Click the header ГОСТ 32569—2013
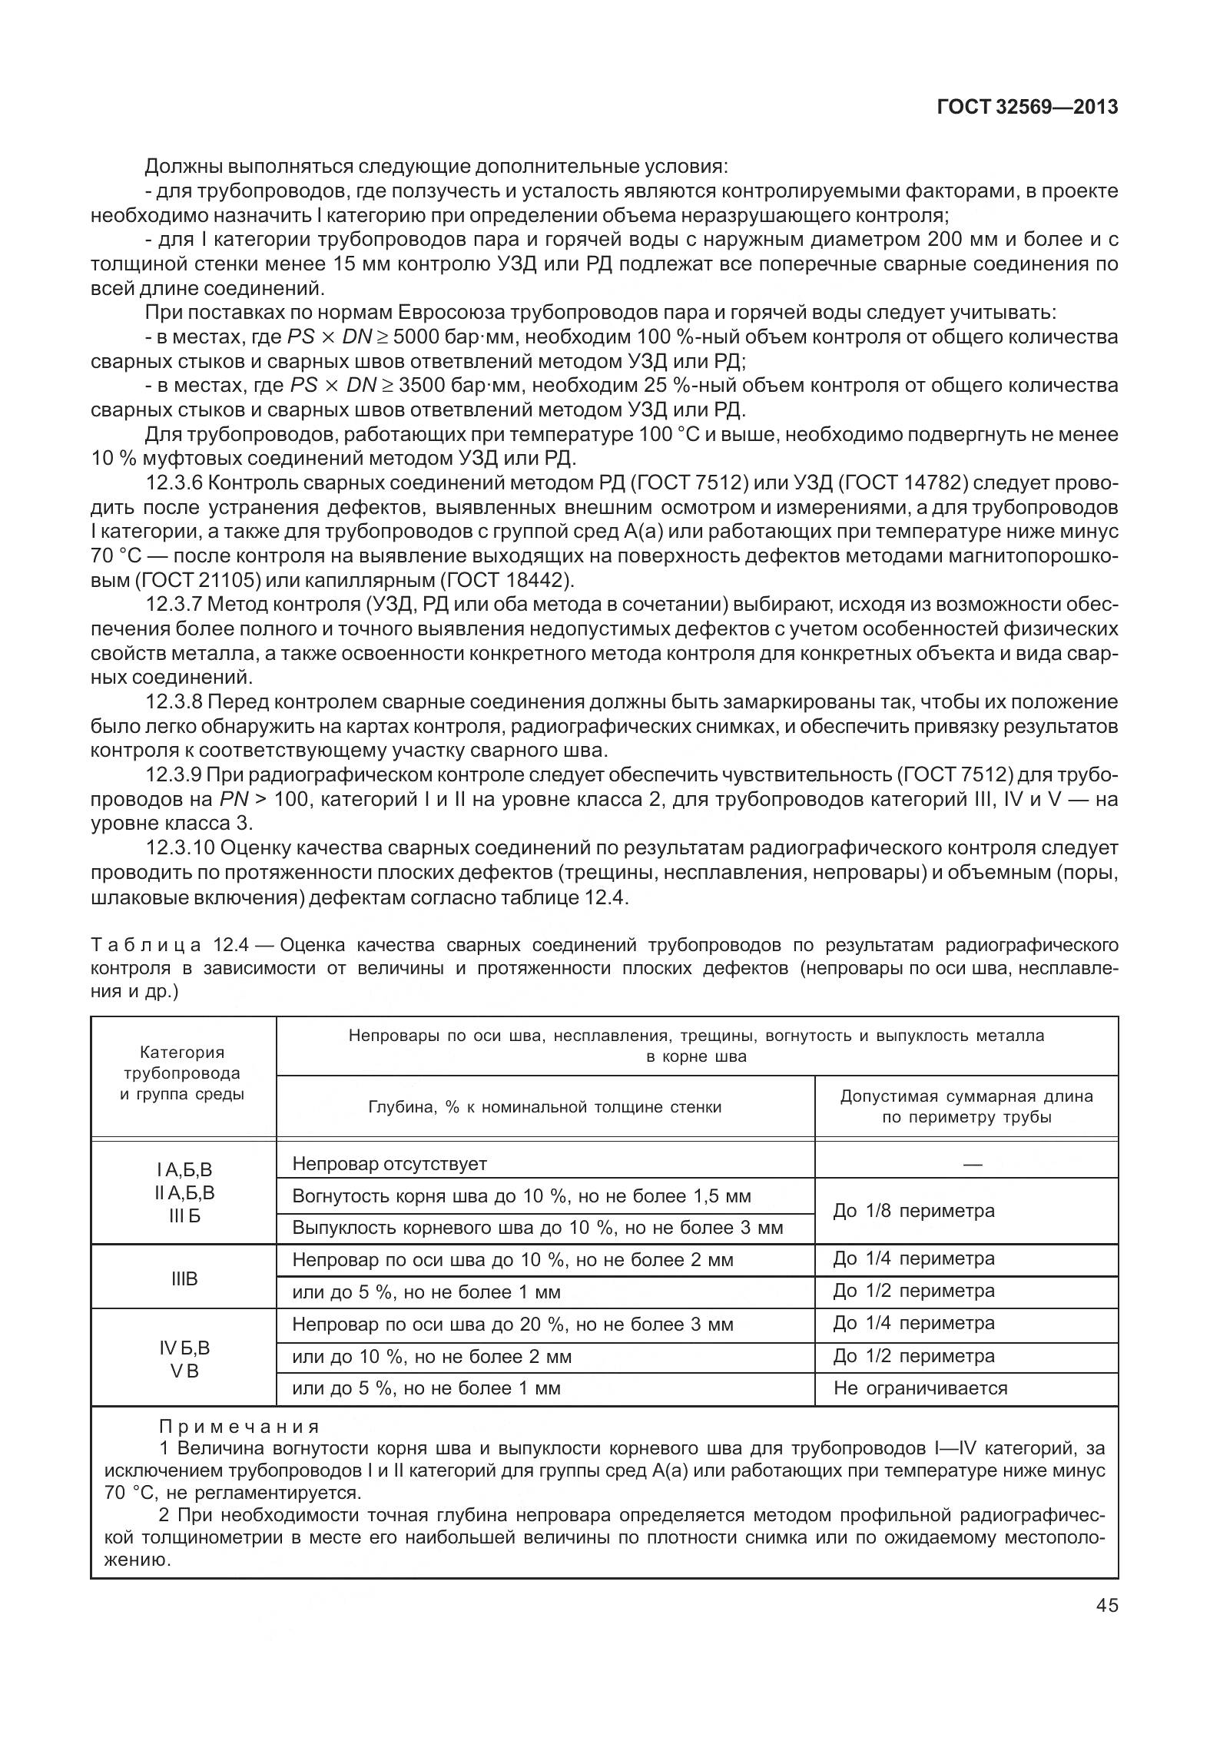coord(1027,107)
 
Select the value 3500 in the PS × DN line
coord(420,385)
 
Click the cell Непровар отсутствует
coord(390,1164)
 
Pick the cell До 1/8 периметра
coord(913,1212)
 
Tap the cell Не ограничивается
coord(920,1388)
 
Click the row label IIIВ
coord(184,1279)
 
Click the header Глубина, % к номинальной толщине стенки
coord(545,1107)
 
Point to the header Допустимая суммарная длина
coord(966,1096)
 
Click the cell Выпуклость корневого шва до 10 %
coord(537,1228)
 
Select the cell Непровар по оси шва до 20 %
coord(512,1325)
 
